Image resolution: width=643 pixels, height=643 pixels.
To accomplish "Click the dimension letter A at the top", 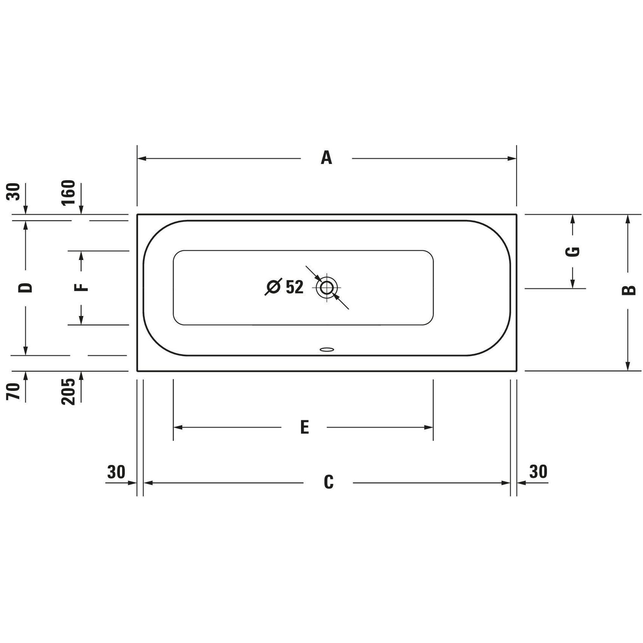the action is point(327,158).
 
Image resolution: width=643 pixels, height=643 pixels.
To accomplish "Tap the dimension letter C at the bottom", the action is point(329,482).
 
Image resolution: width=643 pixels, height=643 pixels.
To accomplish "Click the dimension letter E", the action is point(304,427).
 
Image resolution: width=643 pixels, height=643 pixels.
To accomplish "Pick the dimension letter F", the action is point(81,287).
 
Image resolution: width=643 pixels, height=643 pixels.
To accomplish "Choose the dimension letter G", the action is point(573,252).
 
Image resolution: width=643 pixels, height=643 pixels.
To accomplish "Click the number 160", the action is point(68,193).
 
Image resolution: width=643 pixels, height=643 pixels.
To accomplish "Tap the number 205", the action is point(68,391).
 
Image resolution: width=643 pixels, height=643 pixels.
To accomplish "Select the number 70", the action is point(13,391).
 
